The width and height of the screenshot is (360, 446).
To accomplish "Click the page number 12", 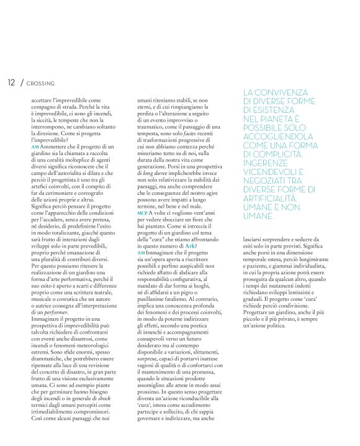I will tap(11, 83).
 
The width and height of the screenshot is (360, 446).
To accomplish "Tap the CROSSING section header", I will tap(41, 83).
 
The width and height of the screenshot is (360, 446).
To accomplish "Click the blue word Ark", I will tap(191, 247).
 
